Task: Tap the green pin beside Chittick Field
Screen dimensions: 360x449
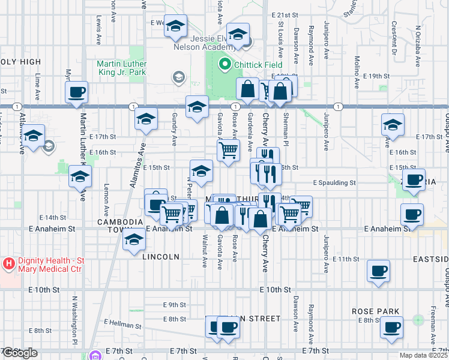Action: (x=225, y=63)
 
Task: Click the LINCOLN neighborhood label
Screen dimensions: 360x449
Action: (x=161, y=256)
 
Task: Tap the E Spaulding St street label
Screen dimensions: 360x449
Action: (x=334, y=182)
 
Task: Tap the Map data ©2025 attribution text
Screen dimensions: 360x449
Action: (x=423, y=355)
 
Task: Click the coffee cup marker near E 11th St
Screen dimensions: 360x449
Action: (x=378, y=271)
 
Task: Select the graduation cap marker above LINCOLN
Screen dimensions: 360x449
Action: (x=134, y=240)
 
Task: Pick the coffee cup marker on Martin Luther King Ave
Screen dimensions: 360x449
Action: (x=77, y=93)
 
